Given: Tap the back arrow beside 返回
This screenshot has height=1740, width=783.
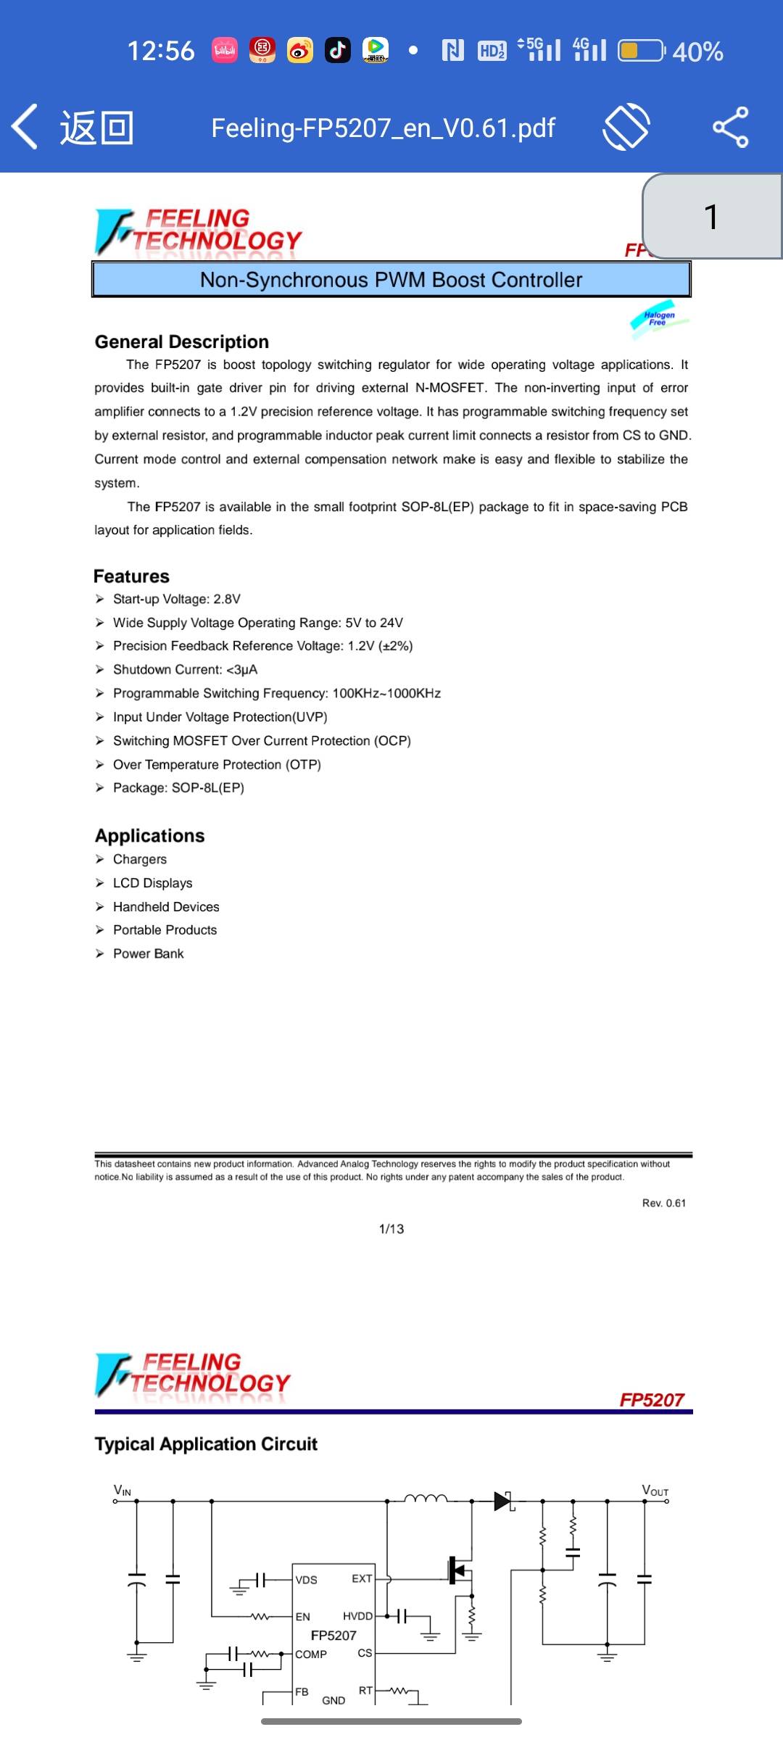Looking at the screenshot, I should tap(25, 127).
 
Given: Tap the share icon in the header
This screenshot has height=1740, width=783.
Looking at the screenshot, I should tap(730, 128).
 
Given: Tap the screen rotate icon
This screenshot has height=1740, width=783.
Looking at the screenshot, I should tap(626, 127).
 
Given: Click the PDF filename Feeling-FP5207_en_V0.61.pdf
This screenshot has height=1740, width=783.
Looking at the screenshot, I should tap(383, 128).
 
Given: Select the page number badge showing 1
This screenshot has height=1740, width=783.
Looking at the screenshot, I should tap(711, 217).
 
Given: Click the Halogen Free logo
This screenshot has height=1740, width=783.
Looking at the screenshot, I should tap(658, 318).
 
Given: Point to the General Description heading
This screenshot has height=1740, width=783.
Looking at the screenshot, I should tap(182, 341).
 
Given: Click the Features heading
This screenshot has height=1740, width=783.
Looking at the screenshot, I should tap(131, 576).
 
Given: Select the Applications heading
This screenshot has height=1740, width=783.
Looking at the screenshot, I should tap(150, 836).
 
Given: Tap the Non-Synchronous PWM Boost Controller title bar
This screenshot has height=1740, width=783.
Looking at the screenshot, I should tap(391, 280).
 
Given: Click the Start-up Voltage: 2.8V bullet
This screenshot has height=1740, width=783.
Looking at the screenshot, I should tap(176, 599).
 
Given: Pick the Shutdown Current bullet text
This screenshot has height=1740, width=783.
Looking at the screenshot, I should tap(185, 669).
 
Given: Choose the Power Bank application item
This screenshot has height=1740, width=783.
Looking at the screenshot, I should tap(148, 953).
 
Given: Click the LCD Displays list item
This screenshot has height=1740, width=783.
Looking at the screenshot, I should tap(152, 883).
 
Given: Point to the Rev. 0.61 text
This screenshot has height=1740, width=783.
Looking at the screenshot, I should tap(663, 1203).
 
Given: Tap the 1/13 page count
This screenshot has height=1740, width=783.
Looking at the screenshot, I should tap(391, 1229).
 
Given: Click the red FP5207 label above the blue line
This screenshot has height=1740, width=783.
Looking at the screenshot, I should tap(651, 1400).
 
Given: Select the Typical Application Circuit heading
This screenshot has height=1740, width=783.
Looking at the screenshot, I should tap(206, 1444).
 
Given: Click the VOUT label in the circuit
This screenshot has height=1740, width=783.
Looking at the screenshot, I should tap(655, 1491).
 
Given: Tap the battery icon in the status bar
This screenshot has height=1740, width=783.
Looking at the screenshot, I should tap(640, 51).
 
